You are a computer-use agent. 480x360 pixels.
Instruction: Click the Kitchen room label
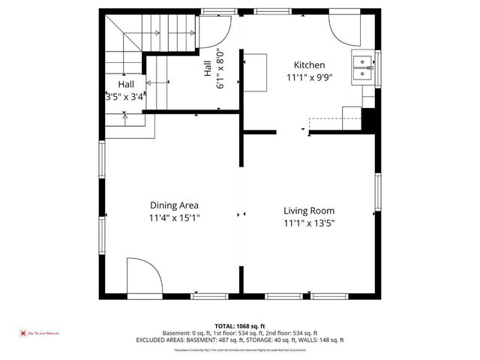(x=309, y=65)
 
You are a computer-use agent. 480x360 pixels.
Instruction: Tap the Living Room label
(x=308, y=211)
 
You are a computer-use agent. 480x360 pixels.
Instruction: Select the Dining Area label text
(x=173, y=205)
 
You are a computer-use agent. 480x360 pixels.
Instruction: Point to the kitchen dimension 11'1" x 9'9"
(x=309, y=77)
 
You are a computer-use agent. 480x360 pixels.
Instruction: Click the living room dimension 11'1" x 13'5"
(x=308, y=223)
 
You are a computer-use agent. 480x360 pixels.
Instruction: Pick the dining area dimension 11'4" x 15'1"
(x=173, y=218)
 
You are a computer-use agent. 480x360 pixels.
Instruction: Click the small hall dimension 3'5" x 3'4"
(x=125, y=97)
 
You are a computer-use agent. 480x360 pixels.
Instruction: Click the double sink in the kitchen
(x=363, y=67)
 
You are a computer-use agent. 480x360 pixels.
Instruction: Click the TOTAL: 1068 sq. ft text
(x=240, y=325)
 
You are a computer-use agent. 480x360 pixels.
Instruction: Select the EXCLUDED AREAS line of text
(x=240, y=340)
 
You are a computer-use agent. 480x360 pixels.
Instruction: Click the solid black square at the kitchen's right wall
(x=368, y=119)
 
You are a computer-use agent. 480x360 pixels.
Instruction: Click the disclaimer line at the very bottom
(x=240, y=349)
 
